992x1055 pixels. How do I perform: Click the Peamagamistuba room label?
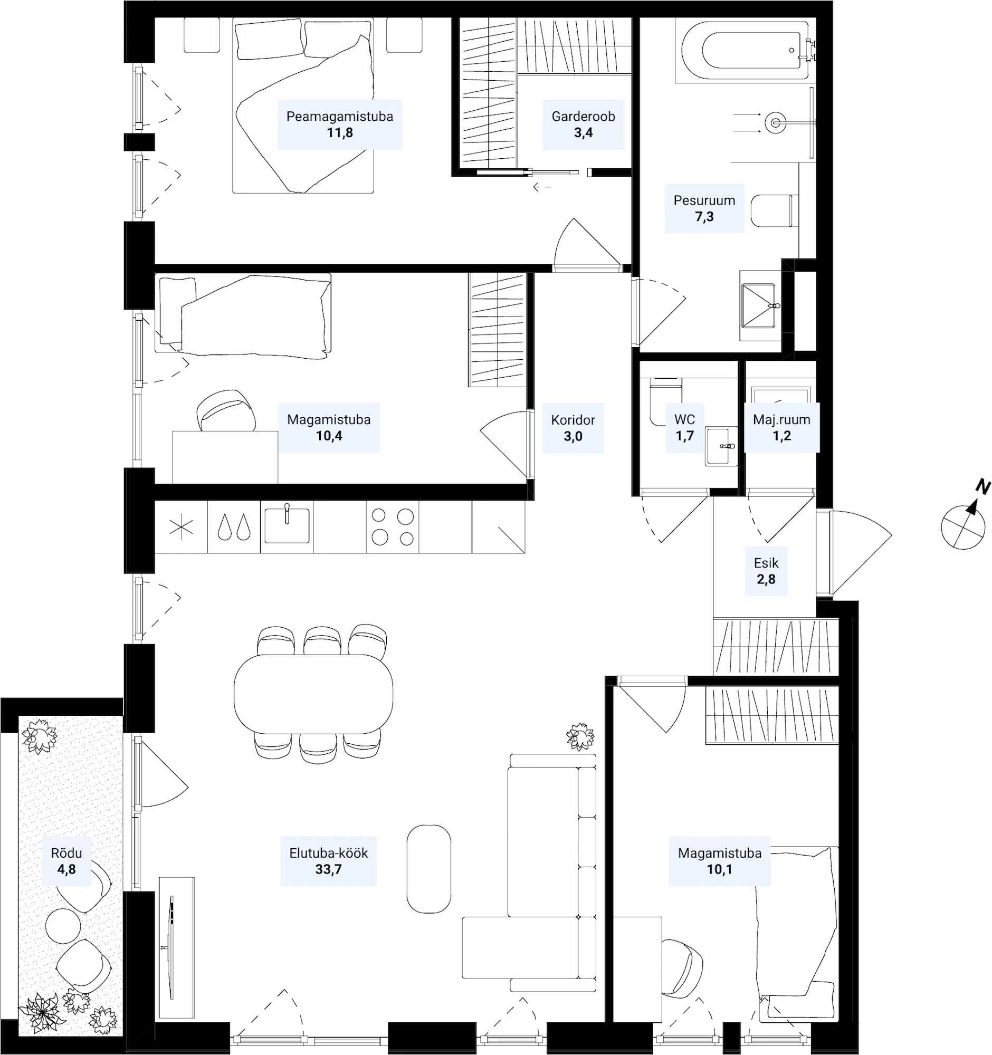(340, 116)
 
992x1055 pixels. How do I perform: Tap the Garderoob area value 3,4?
(583, 133)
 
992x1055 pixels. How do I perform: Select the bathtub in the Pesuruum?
(745, 51)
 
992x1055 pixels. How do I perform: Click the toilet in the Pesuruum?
(775, 210)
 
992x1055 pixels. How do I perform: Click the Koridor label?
(573, 420)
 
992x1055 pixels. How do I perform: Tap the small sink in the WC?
(721, 446)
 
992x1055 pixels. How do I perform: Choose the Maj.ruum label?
(781, 419)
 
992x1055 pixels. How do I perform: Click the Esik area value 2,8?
(766, 579)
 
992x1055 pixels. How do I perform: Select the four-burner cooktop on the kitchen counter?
(393, 526)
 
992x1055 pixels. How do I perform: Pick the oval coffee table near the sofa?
(429, 869)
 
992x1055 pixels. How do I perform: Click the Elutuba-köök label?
(329, 853)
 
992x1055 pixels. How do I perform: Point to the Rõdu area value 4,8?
(66, 869)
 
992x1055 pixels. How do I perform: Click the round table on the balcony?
(63, 926)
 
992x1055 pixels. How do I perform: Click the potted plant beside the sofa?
(580, 736)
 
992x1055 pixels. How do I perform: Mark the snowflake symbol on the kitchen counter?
(181, 527)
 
